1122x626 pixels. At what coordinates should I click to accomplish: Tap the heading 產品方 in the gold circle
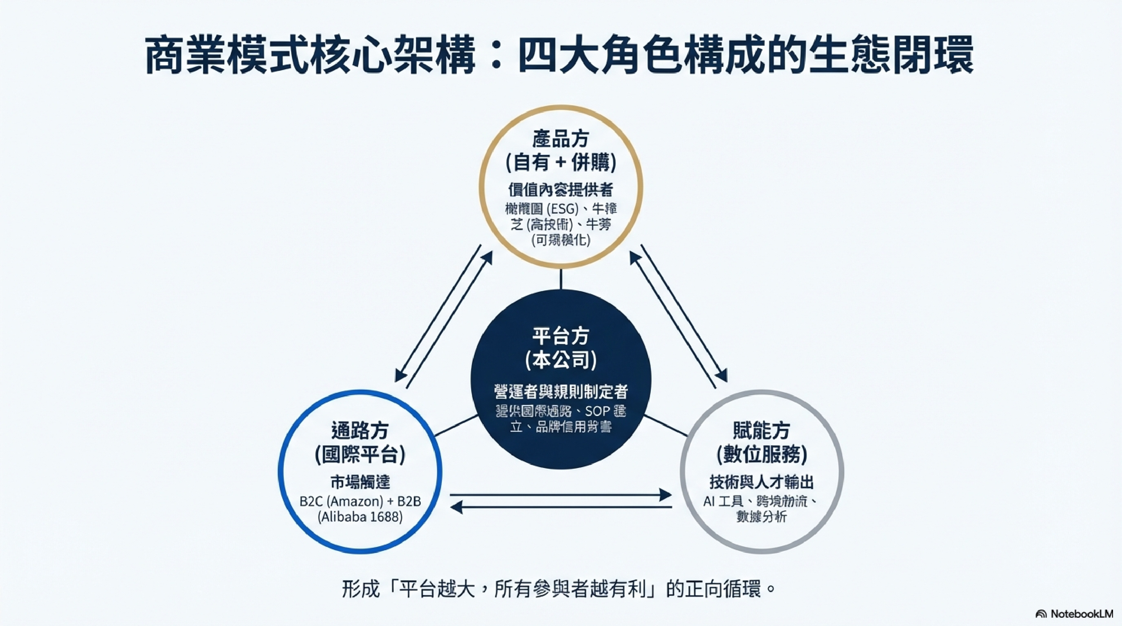[x=560, y=139]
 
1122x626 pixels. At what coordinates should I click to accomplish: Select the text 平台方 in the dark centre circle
[x=560, y=336]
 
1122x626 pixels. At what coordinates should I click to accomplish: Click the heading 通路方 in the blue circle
[x=360, y=431]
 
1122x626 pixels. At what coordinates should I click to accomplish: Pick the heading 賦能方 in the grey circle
[x=761, y=431]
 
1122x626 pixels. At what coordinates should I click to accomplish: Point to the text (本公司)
[x=560, y=360]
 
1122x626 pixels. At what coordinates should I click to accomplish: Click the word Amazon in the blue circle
[x=355, y=502]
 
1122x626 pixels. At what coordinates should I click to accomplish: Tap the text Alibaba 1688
[x=360, y=517]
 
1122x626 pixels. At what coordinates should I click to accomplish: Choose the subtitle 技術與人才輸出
[x=761, y=482]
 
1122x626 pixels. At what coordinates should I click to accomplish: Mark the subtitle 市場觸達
[x=360, y=482]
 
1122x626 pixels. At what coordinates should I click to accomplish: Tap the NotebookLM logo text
[x=1081, y=614]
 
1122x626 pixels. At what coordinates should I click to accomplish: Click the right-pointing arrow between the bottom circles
[x=560, y=495]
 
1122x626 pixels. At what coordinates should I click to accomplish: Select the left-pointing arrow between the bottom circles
[x=560, y=507]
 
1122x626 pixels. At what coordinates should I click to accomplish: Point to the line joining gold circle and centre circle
[x=560, y=279]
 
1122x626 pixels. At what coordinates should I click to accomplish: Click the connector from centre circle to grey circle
[x=666, y=426]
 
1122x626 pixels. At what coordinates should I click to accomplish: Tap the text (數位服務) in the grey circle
[x=761, y=455]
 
